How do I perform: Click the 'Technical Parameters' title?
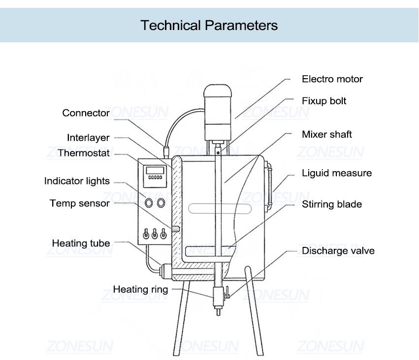click(209, 25)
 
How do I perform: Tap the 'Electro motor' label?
click(332, 79)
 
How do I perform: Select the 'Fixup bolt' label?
click(324, 101)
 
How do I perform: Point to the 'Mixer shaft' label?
click(327, 134)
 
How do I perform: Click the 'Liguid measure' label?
click(337, 173)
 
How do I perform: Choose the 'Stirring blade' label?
click(332, 204)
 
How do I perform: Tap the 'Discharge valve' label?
click(338, 251)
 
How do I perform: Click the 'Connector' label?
click(86, 113)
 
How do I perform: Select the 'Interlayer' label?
click(88, 138)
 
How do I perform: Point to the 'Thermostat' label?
click(84, 153)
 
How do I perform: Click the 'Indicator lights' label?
click(77, 181)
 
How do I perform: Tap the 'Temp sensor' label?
click(79, 203)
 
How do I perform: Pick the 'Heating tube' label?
click(81, 243)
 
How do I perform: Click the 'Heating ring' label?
click(140, 289)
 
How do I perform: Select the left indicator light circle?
click(148, 202)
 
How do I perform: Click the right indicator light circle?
click(161, 202)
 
